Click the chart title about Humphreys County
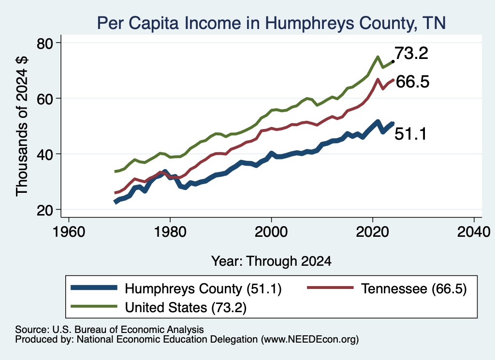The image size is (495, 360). click(271, 23)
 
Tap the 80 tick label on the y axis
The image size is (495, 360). click(45, 43)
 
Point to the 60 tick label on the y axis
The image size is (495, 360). click(45, 99)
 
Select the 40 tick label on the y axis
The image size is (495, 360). click(45, 154)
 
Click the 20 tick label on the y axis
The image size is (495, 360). click(45, 210)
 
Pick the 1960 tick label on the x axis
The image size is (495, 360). click(69, 232)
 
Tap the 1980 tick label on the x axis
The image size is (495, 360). click(170, 232)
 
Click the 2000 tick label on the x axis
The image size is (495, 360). click(271, 232)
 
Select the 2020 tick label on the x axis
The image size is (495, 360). click(373, 232)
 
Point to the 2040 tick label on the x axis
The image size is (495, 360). click(474, 232)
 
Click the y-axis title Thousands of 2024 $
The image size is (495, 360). click(22, 126)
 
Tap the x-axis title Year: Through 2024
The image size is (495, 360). click(271, 261)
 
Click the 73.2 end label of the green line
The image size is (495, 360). click(411, 53)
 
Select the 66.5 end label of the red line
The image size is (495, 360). click(412, 82)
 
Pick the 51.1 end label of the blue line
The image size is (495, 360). click(411, 133)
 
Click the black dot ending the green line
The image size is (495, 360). click(393, 61)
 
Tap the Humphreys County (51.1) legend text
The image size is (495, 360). click(203, 288)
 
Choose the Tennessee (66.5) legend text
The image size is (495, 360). click(414, 288)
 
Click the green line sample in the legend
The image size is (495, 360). click(94, 306)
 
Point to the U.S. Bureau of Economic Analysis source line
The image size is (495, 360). click(109, 330)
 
